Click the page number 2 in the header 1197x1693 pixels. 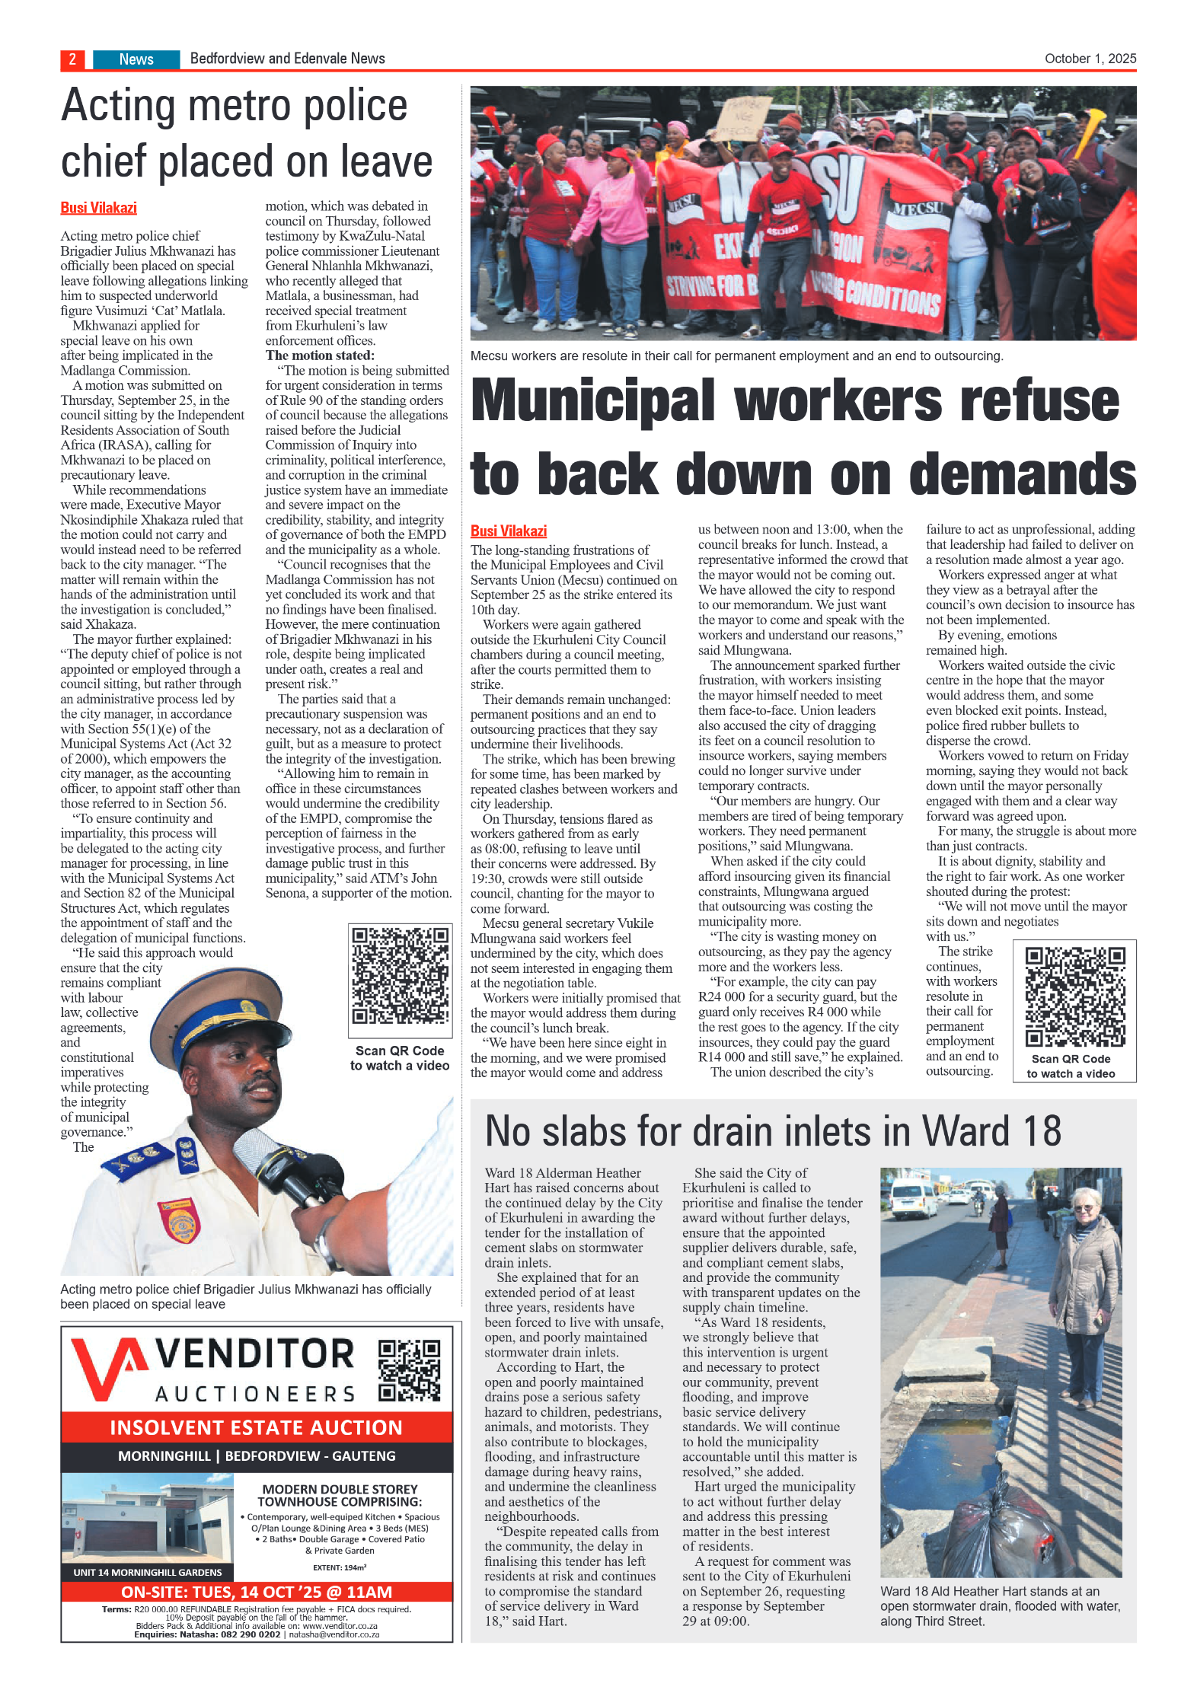tap(72, 59)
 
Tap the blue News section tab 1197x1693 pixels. tap(136, 59)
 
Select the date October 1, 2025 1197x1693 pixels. tap(1090, 59)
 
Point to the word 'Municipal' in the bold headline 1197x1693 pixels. tap(593, 401)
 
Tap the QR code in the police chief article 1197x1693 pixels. tap(400, 975)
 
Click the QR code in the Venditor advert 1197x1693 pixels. tap(410, 1369)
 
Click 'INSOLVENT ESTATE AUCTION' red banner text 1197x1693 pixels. tap(256, 1427)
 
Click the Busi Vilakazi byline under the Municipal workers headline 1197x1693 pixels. tap(508, 531)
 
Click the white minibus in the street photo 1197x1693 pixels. tap(912, 1198)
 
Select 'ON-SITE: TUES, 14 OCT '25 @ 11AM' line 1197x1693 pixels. tap(256, 1591)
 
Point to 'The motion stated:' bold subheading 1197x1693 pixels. tap(320, 355)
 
